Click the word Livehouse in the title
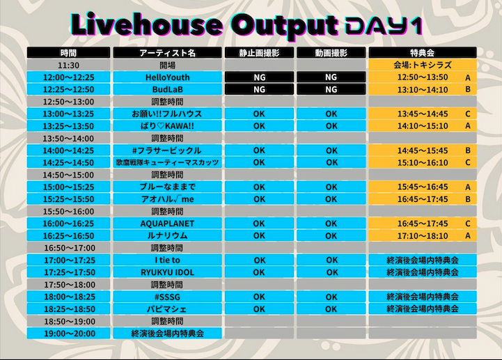(x=147, y=24)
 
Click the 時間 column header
(x=68, y=53)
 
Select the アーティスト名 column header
(x=167, y=53)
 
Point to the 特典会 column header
(x=423, y=53)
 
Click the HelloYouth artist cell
(x=167, y=77)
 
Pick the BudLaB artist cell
(x=167, y=89)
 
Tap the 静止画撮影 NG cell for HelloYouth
(x=259, y=77)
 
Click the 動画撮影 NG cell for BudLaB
(x=331, y=89)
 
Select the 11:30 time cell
(x=68, y=65)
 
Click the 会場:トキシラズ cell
(x=423, y=65)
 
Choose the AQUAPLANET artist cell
(x=167, y=224)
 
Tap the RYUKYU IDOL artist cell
(x=167, y=272)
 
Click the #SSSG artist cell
(x=167, y=297)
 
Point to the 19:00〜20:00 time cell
(x=68, y=333)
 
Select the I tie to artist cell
(x=167, y=260)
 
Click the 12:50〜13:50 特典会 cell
(x=423, y=77)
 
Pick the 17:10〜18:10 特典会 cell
(x=423, y=236)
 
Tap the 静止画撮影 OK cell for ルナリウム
(x=259, y=236)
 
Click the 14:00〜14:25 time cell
(x=68, y=150)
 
